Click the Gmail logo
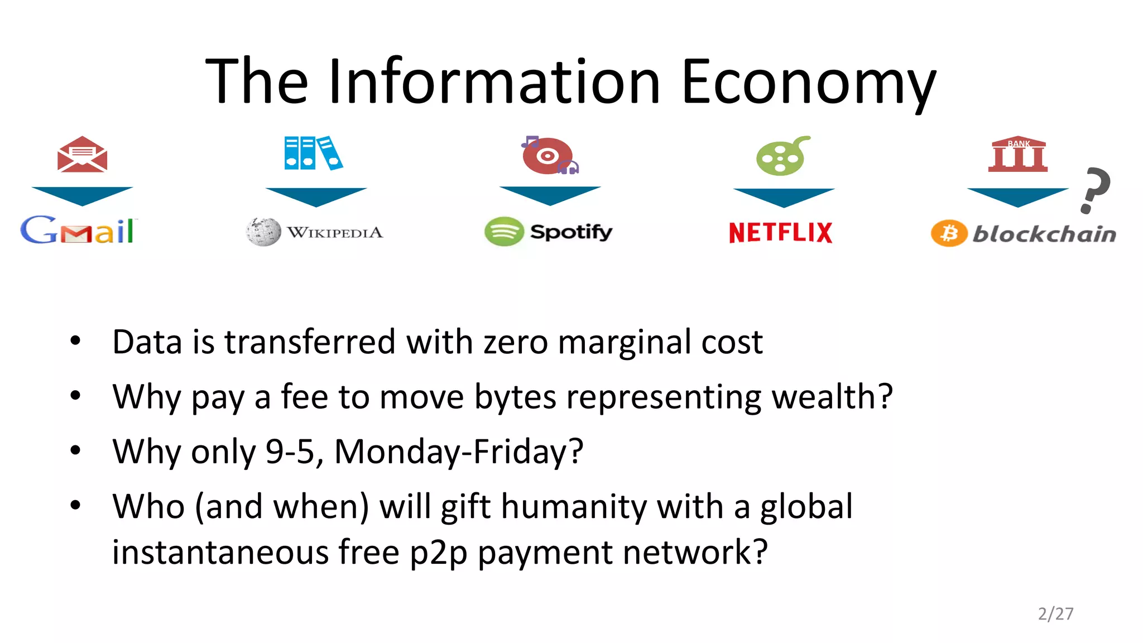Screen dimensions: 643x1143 point(78,230)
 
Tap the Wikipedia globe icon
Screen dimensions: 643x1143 point(263,232)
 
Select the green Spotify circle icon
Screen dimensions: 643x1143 point(504,231)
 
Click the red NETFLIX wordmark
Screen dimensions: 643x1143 point(780,232)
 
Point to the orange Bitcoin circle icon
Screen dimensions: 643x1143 point(949,233)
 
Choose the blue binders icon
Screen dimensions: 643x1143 point(313,153)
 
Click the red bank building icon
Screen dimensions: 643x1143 point(1018,154)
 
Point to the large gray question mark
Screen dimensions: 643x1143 point(1095,190)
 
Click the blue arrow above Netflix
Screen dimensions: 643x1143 point(784,197)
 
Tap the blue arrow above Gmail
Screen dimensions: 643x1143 point(82,196)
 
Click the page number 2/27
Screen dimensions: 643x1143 point(1055,614)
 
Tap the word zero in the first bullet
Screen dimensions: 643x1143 point(516,342)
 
